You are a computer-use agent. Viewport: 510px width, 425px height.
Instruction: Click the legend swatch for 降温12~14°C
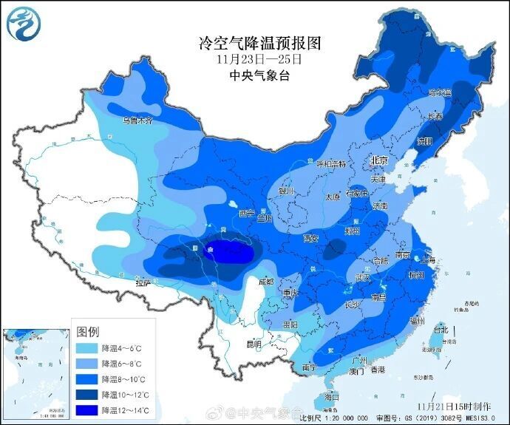[x=87, y=409]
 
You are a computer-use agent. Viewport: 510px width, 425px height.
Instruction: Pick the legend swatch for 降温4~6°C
[x=87, y=346]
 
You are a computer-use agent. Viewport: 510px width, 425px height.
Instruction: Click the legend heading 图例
[x=89, y=330]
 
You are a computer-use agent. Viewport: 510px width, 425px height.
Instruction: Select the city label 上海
[x=427, y=259]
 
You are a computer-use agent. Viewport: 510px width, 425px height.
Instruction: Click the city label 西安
[x=310, y=238]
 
